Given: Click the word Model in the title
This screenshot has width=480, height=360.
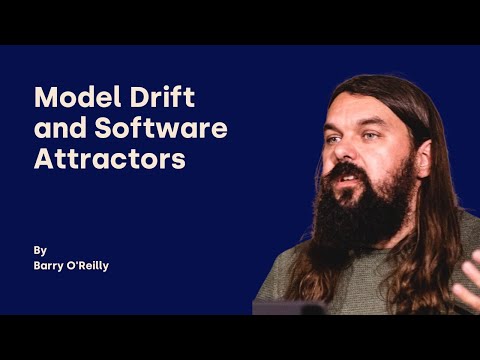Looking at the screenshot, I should [74, 98].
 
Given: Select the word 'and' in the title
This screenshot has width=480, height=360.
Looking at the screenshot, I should [55, 128].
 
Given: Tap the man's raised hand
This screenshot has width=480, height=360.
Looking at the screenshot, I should [466, 293].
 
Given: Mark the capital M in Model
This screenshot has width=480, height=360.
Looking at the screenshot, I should [46, 98].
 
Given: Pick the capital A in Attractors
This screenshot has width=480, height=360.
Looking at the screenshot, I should [45, 158].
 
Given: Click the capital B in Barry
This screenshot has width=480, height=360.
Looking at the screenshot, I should [38, 267].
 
